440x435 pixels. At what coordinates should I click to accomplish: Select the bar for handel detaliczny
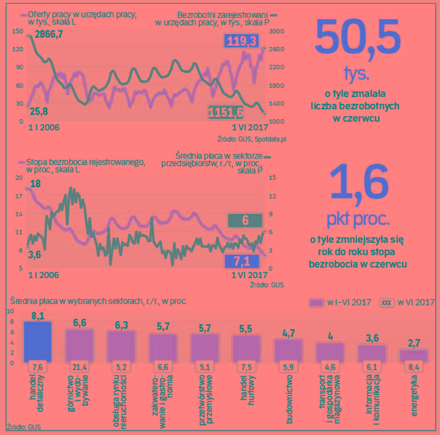click(36, 340)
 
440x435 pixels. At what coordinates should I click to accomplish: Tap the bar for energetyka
click(413, 355)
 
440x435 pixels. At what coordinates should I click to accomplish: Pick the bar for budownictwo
click(288, 350)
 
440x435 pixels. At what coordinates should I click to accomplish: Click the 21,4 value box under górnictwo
click(79, 368)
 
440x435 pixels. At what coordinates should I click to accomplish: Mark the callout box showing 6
click(246, 221)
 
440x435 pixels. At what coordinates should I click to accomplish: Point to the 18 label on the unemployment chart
click(35, 184)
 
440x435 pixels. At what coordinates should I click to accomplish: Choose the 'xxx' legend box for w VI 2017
click(386, 302)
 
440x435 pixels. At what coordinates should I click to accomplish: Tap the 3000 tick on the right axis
click(276, 31)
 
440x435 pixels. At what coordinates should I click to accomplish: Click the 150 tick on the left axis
click(17, 31)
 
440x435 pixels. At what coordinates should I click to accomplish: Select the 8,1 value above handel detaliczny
click(37, 316)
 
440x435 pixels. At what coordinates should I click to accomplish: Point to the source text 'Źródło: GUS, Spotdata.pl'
click(252, 138)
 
